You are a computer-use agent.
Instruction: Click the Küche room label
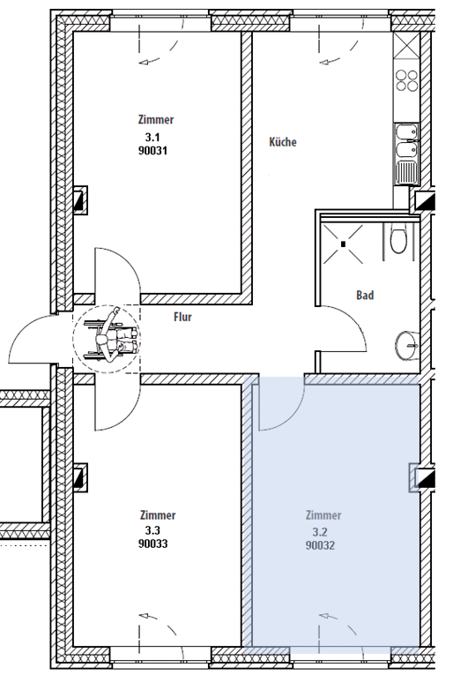pyautogui.click(x=283, y=142)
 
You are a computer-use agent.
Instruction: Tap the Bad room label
pyautogui.click(x=365, y=296)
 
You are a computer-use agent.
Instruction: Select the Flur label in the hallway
pyautogui.click(x=182, y=318)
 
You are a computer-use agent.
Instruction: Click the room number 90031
pyautogui.click(x=152, y=151)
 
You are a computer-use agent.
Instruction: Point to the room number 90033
pyautogui.click(x=153, y=544)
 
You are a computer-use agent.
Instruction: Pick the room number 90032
pyautogui.click(x=320, y=545)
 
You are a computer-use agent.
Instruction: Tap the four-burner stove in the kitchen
pyautogui.click(x=407, y=80)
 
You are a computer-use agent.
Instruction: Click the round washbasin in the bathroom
pyautogui.click(x=406, y=346)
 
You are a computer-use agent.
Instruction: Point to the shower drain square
pyautogui.click(x=344, y=244)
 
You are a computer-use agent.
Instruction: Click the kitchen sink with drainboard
pyautogui.click(x=406, y=155)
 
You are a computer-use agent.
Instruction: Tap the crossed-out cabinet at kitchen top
pyautogui.click(x=406, y=45)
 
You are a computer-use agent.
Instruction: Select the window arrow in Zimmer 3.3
pyautogui.click(x=158, y=624)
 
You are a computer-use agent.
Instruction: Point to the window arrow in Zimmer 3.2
pyautogui.click(x=338, y=624)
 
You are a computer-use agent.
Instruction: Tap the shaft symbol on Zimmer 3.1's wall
pyautogui.click(x=80, y=200)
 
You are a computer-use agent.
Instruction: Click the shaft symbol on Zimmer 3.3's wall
pyautogui.click(x=80, y=477)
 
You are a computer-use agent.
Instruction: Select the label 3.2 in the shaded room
pyautogui.click(x=320, y=532)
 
